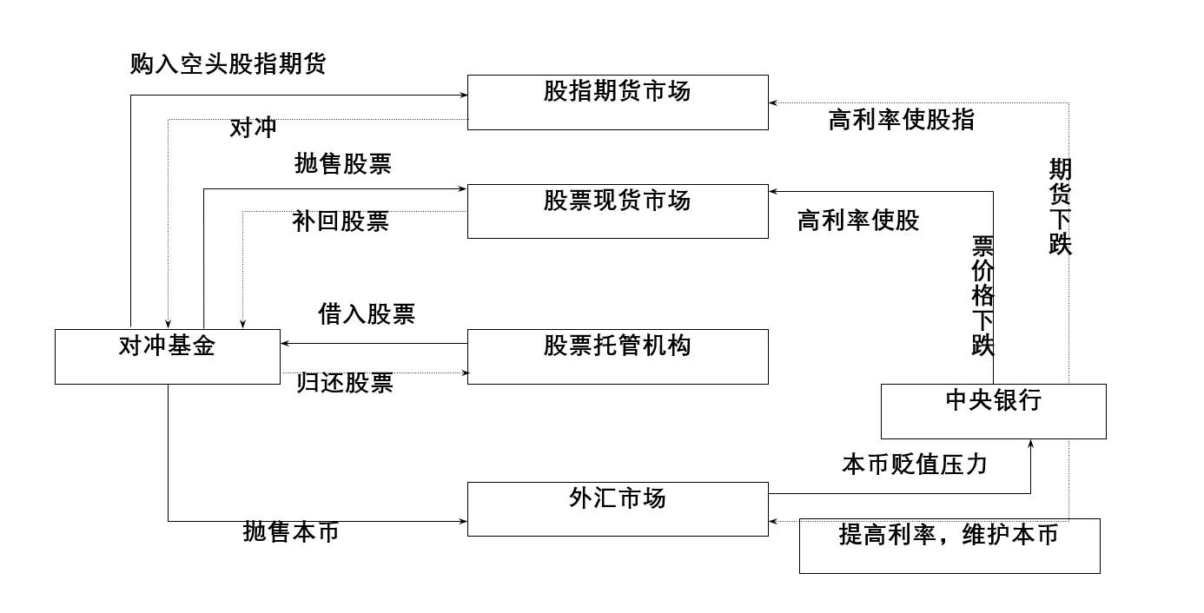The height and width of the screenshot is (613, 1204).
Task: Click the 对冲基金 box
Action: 167,356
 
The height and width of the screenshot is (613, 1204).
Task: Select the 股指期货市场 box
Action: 618,102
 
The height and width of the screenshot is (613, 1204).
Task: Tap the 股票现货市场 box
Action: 618,211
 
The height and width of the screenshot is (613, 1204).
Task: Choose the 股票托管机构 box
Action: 618,356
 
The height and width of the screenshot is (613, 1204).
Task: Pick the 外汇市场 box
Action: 618,509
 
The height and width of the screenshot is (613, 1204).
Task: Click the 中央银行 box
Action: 993,411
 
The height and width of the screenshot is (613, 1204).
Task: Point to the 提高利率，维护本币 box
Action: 949,545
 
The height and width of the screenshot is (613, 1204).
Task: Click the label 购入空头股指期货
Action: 228,64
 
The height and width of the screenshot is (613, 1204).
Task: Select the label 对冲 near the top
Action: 253,128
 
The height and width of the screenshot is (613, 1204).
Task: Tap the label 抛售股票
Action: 342,164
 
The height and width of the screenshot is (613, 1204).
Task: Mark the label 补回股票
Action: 341,221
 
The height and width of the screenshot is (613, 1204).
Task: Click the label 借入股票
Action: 367,314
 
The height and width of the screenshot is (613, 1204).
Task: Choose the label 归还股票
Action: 345,383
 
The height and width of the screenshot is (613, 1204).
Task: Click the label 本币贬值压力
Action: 914,465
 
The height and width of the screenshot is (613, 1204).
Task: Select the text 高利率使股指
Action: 901,120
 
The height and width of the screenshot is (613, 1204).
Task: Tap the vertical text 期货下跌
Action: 1060,207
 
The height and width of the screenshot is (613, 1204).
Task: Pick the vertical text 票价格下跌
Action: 982,295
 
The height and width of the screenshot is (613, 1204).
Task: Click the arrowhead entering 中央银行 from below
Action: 1030,444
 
